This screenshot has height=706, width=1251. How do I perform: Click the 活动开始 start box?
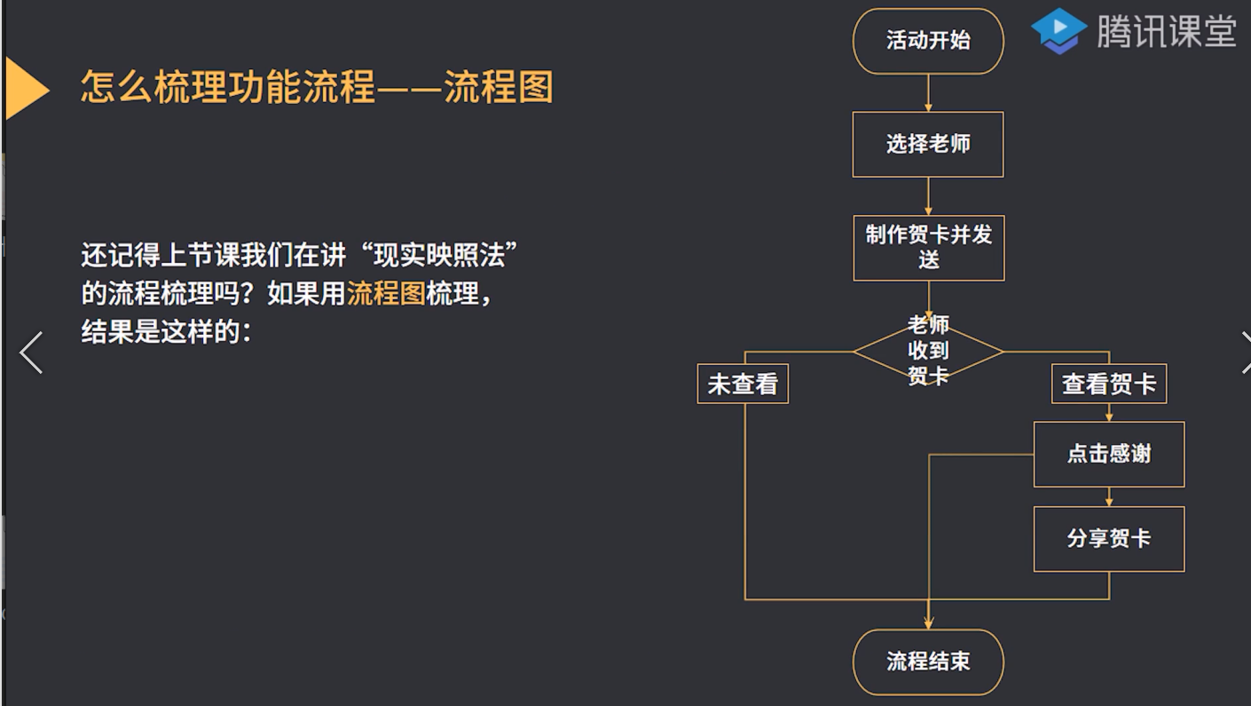(x=928, y=41)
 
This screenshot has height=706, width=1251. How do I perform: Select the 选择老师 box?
(x=928, y=144)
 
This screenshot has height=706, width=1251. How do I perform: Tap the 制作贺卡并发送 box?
(x=928, y=248)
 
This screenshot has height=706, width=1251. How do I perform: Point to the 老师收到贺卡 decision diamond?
(x=928, y=352)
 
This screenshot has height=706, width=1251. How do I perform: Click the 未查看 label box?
(x=743, y=385)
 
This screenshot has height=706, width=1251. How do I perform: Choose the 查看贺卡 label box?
(x=1109, y=385)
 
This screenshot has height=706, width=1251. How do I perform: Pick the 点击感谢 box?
(x=1109, y=454)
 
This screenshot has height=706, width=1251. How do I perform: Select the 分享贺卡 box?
(x=1109, y=539)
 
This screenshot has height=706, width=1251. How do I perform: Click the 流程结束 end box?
(x=928, y=662)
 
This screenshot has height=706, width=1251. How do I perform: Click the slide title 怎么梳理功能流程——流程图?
(x=317, y=88)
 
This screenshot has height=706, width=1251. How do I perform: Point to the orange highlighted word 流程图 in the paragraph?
(x=386, y=293)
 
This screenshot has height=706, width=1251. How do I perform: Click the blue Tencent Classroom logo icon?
(x=1059, y=31)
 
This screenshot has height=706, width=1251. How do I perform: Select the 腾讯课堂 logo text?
(x=1166, y=32)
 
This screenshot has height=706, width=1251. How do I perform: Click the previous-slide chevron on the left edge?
(x=31, y=353)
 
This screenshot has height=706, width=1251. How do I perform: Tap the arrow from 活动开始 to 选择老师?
(x=928, y=93)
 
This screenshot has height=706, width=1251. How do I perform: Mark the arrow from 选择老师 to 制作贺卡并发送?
(x=928, y=196)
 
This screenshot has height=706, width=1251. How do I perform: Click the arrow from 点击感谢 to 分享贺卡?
(x=1109, y=496)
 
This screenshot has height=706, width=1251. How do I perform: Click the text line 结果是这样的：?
(x=167, y=331)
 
